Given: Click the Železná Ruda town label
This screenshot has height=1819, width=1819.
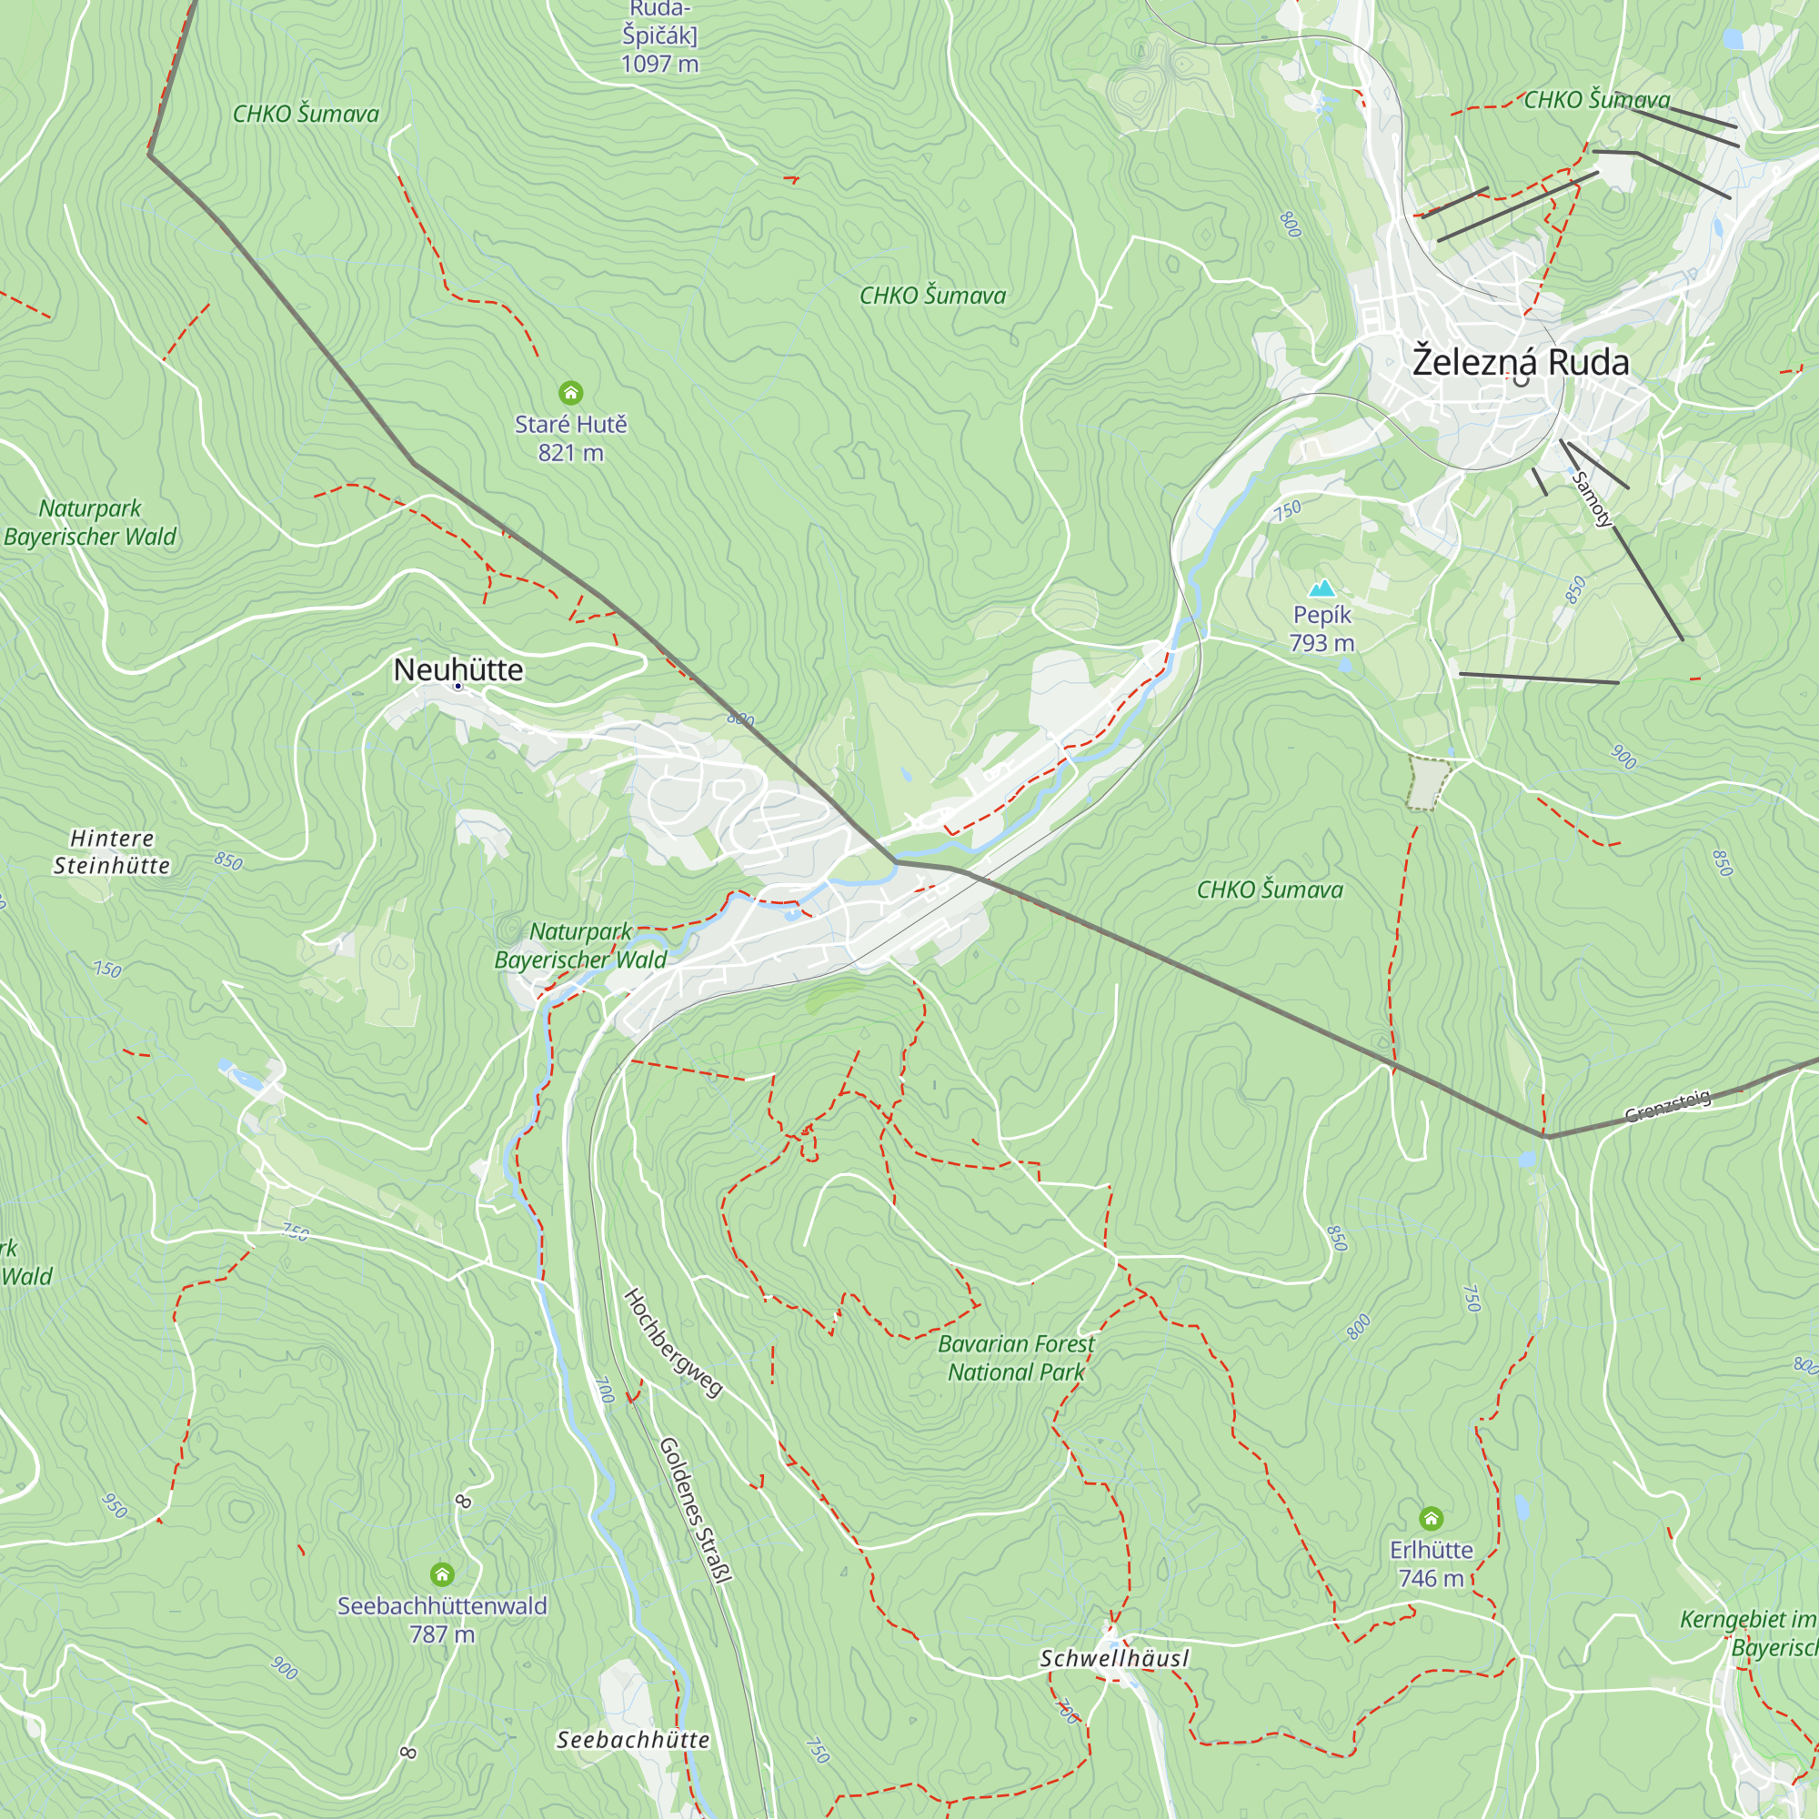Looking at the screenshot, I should [x=1520, y=363].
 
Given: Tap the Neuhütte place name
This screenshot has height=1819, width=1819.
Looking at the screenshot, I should [x=457, y=669].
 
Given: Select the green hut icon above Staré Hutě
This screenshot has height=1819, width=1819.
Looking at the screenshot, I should [x=570, y=393].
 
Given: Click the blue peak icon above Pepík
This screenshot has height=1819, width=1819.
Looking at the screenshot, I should [x=1322, y=588].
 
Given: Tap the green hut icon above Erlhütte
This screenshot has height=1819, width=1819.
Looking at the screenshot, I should [x=1431, y=1518].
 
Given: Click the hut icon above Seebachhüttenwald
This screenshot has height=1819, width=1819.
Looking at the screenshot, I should [x=443, y=1574].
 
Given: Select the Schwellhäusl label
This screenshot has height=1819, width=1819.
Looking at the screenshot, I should [x=1115, y=1659].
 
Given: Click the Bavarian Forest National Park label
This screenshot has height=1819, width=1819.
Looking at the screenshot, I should [x=1016, y=1359].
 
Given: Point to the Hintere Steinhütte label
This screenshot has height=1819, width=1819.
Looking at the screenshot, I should [x=111, y=852].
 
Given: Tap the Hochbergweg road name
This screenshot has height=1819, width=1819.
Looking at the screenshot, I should [x=672, y=1342].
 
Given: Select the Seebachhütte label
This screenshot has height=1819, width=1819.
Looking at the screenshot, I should [x=633, y=1740].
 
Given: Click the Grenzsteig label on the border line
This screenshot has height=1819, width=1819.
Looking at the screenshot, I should [x=1667, y=1105].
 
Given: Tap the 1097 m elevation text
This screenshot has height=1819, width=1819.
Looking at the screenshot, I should [x=659, y=64].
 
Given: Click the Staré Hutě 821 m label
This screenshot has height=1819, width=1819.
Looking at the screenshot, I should [x=570, y=438].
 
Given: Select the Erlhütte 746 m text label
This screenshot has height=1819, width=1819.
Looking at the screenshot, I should [x=1431, y=1564].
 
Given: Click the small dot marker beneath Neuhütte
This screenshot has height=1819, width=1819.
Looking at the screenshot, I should [x=457, y=687].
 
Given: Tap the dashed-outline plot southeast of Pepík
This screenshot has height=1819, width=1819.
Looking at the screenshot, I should [x=1428, y=781].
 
